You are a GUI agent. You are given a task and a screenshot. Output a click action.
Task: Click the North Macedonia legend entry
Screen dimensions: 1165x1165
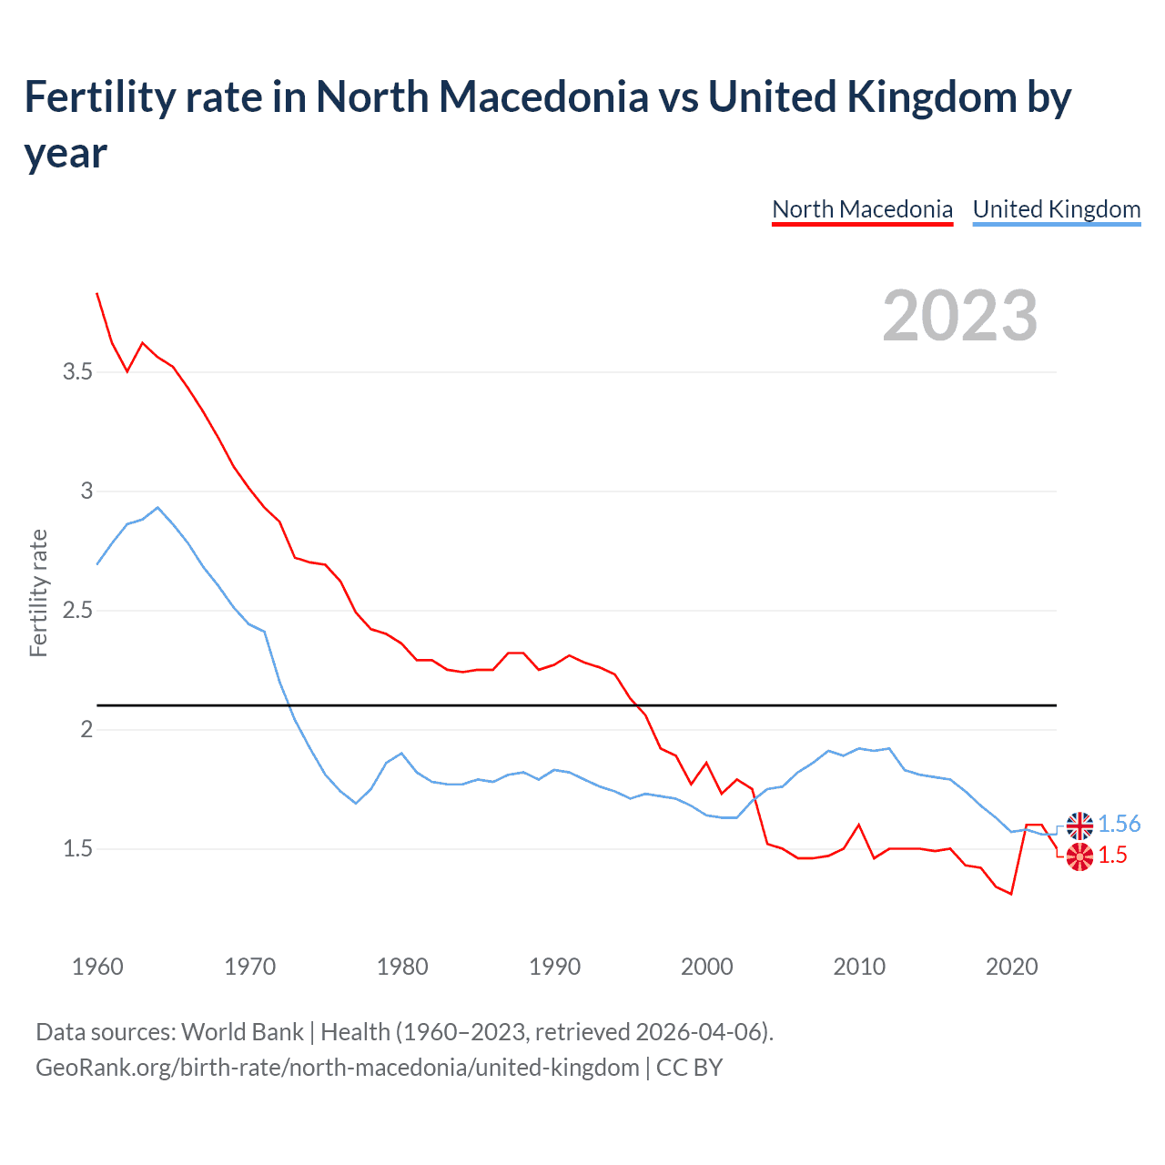(x=862, y=209)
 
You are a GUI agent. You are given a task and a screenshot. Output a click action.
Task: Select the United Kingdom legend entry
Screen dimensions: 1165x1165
(x=1057, y=209)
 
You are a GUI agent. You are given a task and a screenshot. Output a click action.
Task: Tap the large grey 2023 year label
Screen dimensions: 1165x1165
(x=960, y=316)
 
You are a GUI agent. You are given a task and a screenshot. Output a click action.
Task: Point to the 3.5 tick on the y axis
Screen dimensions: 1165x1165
(x=77, y=371)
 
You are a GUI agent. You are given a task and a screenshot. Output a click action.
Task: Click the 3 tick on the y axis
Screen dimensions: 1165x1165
(x=86, y=491)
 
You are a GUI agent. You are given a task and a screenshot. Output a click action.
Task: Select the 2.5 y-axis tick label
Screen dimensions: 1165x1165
(x=77, y=610)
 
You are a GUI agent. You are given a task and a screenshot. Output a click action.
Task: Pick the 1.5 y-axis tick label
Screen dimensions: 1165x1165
(x=77, y=848)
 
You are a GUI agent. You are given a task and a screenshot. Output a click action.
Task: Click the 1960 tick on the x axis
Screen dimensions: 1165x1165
(x=97, y=967)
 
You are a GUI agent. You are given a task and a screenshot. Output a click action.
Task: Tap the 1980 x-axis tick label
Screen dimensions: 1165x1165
(x=402, y=967)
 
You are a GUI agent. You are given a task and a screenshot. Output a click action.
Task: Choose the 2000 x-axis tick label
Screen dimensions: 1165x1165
(x=707, y=967)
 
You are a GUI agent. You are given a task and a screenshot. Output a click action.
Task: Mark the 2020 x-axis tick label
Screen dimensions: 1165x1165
(x=1011, y=967)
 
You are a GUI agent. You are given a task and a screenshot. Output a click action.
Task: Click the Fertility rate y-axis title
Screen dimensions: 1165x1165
(x=38, y=593)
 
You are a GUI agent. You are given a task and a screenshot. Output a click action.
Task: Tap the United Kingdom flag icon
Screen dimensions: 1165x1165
(x=1079, y=826)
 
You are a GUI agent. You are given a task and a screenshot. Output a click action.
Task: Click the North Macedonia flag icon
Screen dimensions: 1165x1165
(x=1079, y=856)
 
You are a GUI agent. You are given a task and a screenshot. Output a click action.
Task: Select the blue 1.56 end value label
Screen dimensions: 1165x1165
(x=1119, y=824)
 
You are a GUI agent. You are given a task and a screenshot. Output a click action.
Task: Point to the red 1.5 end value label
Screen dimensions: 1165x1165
(x=1112, y=856)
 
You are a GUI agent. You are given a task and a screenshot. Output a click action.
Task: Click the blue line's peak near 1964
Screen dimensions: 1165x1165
(x=157, y=508)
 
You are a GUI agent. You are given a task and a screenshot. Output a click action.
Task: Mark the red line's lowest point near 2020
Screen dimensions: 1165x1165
(x=1011, y=894)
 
